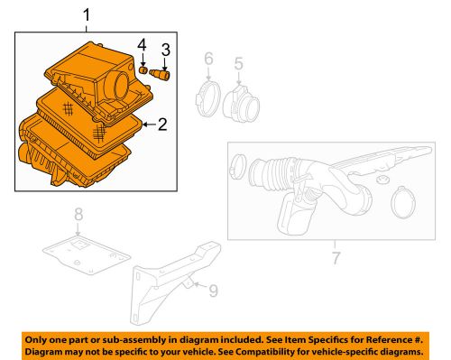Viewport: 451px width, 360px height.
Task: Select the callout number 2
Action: coord(163,125)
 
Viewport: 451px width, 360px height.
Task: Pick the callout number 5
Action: coord(239,64)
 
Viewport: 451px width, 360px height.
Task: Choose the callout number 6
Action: coord(208,60)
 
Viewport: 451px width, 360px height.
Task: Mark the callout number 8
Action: coord(78,216)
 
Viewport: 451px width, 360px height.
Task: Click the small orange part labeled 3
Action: coord(163,72)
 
